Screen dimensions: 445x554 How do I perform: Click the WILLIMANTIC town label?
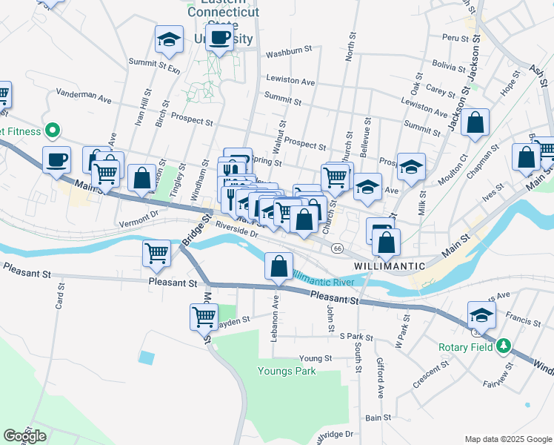coord(389,266)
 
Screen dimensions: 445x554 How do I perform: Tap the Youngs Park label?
coord(287,371)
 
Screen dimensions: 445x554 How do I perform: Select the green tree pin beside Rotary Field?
coord(504,346)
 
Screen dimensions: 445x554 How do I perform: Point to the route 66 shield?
coord(337,248)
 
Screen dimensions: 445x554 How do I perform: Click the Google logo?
coord(24,436)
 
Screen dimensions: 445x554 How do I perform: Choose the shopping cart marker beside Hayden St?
coord(204,317)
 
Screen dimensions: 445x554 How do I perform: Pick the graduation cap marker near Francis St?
coord(481,315)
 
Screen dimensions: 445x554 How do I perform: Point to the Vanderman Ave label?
coord(84,97)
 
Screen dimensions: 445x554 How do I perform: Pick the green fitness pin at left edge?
coord(52,131)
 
